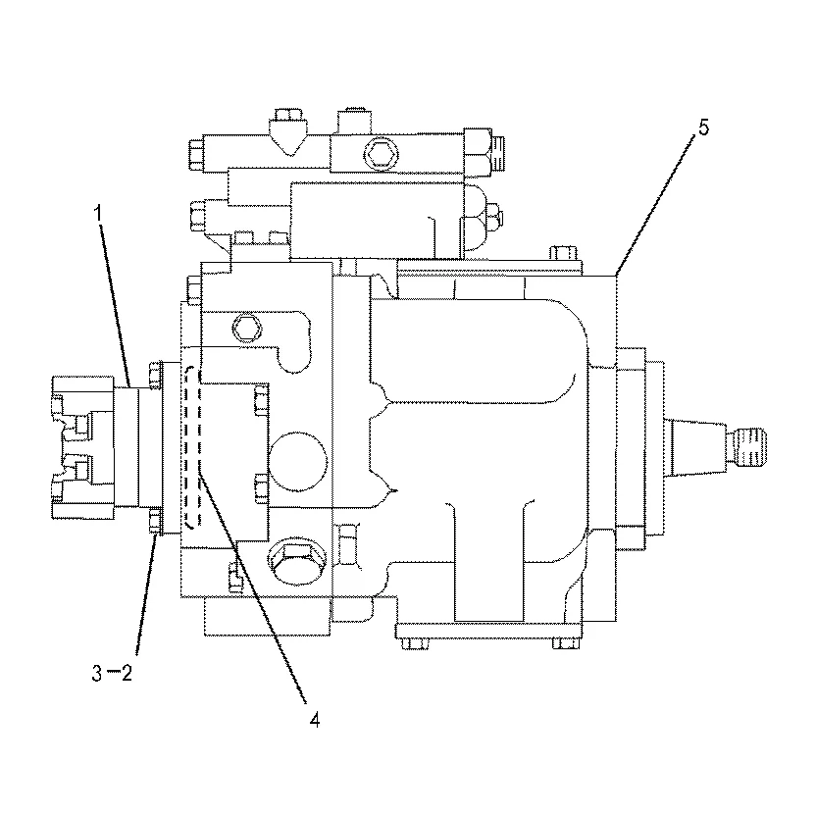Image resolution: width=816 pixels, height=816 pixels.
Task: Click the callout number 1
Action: point(98,211)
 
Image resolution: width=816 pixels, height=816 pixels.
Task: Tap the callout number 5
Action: point(702,128)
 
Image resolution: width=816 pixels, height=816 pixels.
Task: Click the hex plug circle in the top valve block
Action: point(380,152)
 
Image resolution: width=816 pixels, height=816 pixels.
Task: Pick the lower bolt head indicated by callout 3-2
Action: point(155,523)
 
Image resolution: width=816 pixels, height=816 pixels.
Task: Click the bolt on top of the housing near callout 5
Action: point(561,253)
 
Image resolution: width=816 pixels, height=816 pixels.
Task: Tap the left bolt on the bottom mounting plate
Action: point(409,642)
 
